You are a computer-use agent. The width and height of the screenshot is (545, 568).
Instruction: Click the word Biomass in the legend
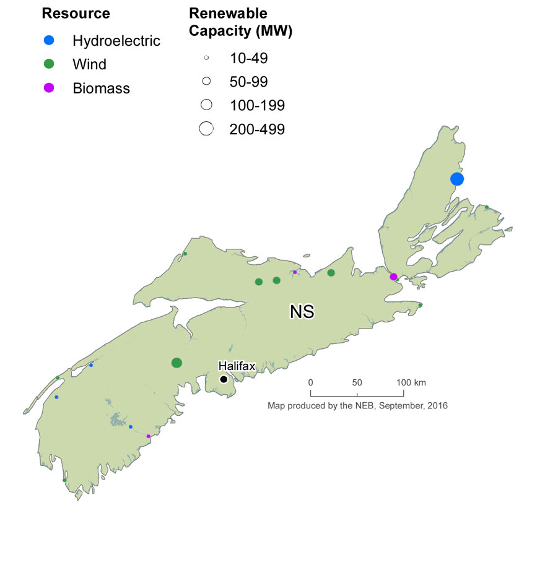coord(101,88)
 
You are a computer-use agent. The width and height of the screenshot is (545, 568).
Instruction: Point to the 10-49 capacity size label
coord(248,59)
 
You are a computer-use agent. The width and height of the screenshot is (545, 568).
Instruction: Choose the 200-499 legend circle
coord(206,129)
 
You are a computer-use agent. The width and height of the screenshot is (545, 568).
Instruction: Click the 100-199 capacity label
coord(256,106)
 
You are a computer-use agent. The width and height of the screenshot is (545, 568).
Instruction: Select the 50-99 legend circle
coord(206,81)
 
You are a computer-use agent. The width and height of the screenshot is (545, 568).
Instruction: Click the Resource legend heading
coord(76,14)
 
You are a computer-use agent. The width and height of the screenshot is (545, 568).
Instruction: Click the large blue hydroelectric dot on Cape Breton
coord(457,179)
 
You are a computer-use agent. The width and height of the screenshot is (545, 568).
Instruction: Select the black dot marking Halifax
coord(223,379)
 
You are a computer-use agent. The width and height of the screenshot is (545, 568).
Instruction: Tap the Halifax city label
coord(235,366)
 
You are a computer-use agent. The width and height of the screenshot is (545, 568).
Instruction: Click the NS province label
coord(302,312)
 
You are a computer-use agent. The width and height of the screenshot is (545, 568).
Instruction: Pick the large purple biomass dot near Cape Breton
coord(393,277)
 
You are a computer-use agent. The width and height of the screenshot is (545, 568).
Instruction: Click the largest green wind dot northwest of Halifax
coord(177,363)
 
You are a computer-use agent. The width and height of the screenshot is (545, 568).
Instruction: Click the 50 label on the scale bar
coord(357,382)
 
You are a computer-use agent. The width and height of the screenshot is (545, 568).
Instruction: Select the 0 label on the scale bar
coord(310,382)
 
